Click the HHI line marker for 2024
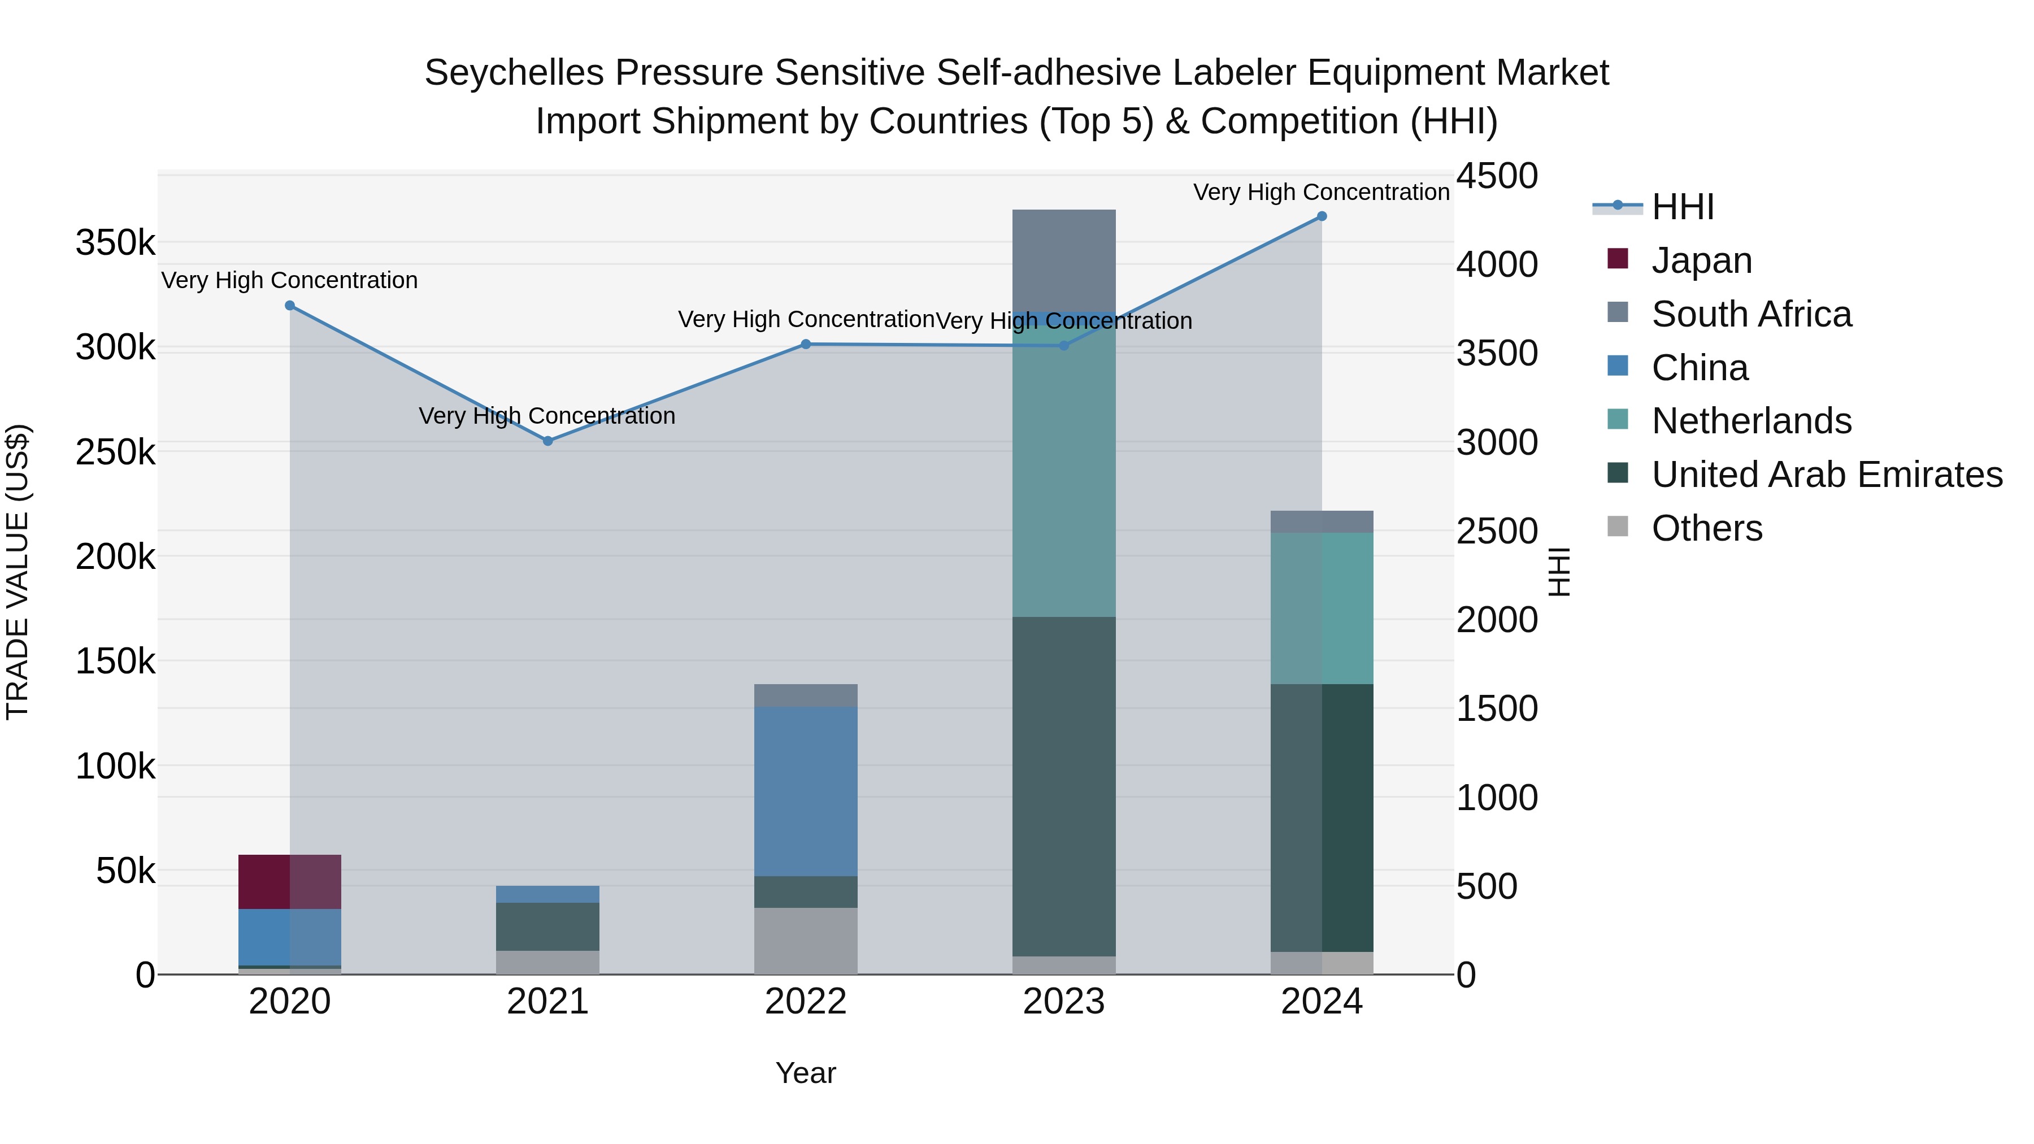click(1321, 216)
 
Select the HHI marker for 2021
click(548, 441)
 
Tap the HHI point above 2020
click(290, 306)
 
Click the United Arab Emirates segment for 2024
click(1321, 818)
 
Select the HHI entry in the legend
click(1682, 207)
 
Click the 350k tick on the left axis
click(115, 242)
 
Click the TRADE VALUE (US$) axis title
click(18, 572)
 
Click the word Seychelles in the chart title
click(515, 73)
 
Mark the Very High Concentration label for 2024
click(1321, 192)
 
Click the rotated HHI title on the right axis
click(1559, 572)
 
